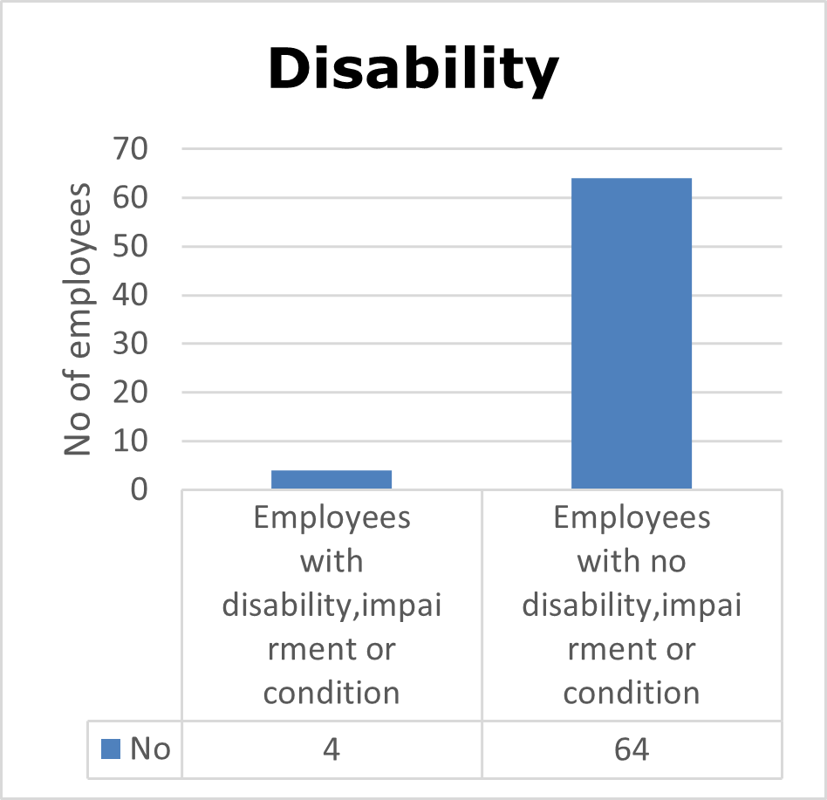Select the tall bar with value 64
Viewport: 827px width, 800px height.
click(x=631, y=332)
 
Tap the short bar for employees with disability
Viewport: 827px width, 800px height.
click(x=331, y=479)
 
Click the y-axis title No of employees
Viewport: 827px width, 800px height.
click(x=79, y=318)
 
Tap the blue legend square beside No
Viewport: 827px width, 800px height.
click(x=111, y=749)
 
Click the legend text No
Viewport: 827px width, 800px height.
click(x=149, y=749)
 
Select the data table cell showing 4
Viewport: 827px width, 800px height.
click(x=331, y=749)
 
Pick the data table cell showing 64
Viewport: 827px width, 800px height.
click(x=632, y=749)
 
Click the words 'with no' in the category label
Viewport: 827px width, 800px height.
click(x=632, y=561)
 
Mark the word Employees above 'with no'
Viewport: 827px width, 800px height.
click(x=632, y=517)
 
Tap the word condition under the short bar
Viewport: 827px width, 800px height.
click(x=331, y=693)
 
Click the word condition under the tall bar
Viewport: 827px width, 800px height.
click(x=632, y=693)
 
